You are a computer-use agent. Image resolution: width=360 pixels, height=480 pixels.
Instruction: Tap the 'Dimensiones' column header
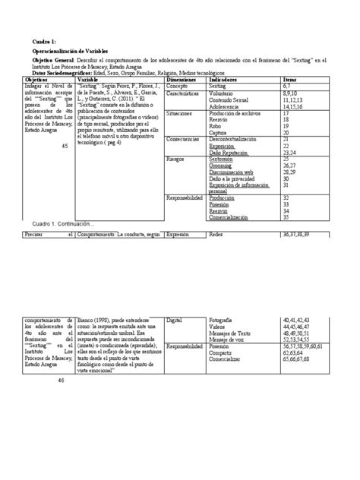tap(182, 79)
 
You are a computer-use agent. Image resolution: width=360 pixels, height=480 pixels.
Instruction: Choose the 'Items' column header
tap(290, 79)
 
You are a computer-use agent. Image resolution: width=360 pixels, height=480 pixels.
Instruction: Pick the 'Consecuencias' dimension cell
tap(184, 139)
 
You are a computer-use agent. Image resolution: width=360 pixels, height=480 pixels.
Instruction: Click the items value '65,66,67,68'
tap(301, 359)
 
